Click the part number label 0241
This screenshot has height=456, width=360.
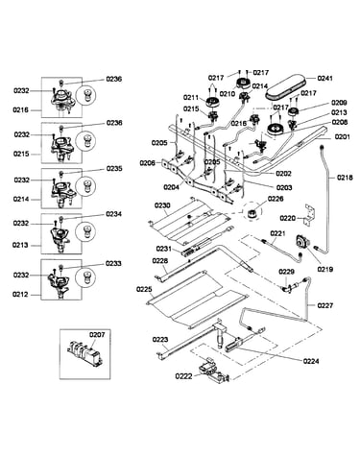pos(324,78)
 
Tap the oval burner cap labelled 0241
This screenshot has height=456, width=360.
pos(286,86)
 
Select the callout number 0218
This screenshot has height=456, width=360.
pos(345,178)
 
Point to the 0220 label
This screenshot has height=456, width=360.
pos(287,218)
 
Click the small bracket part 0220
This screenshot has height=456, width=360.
pos(310,214)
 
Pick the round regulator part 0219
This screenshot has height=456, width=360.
pos(300,241)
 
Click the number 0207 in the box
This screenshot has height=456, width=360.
pos(97,335)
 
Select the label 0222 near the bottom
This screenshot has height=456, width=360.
pos(183,376)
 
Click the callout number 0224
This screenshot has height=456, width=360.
pos(311,361)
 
